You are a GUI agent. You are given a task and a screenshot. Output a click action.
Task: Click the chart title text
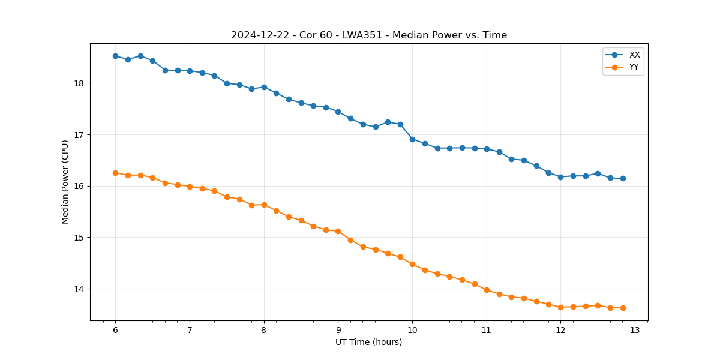click(x=369, y=35)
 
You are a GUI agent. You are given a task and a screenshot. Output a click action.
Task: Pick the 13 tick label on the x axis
click(x=635, y=330)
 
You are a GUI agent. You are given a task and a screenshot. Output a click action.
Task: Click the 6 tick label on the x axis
click(x=115, y=330)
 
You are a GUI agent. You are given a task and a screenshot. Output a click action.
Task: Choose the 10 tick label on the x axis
click(x=412, y=330)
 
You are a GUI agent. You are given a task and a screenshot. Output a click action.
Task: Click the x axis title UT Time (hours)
click(x=369, y=342)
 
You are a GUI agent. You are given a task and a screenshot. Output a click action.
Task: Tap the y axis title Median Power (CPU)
click(x=65, y=182)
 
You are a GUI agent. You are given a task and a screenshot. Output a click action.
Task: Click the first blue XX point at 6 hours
click(x=115, y=56)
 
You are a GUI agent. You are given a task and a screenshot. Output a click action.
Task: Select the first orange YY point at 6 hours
click(x=115, y=173)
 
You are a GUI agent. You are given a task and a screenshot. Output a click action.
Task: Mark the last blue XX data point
click(x=623, y=178)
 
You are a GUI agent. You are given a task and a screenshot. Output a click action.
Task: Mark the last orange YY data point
click(x=623, y=308)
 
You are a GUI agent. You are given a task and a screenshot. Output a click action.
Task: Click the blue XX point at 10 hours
click(x=412, y=139)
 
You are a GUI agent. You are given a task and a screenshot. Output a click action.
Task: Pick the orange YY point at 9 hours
click(x=338, y=231)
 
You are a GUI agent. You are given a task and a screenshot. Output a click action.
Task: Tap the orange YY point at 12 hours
click(x=560, y=307)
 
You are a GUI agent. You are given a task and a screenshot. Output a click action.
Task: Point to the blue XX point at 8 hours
click(x=264, y=87)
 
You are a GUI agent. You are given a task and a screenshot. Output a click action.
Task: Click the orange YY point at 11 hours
click(x=487, y=290)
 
